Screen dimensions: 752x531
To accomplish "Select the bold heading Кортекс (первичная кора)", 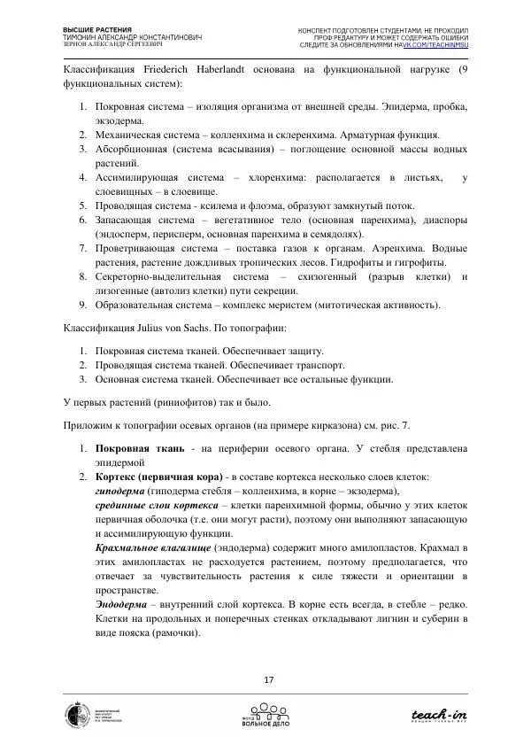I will tap(162, 476).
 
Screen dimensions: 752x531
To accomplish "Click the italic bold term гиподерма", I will tap(120, 490).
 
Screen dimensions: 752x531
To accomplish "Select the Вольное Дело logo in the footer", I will tap(265, 714).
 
